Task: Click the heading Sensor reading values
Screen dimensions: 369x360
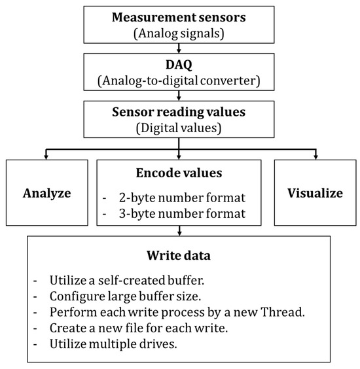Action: point(179,113)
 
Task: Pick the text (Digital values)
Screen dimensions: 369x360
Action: point(179,127)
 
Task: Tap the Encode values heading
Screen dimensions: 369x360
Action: point(179,175)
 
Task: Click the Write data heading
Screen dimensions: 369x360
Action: point(179,258)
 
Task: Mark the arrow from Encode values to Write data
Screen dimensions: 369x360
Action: point(179,228)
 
